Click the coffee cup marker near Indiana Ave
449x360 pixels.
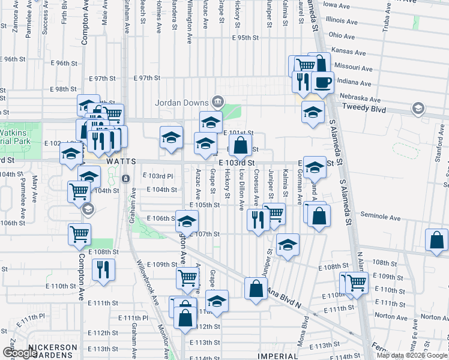pos(323,82)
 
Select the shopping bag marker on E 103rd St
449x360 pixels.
pos(241,145)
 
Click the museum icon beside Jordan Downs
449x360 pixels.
pos(218,101)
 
